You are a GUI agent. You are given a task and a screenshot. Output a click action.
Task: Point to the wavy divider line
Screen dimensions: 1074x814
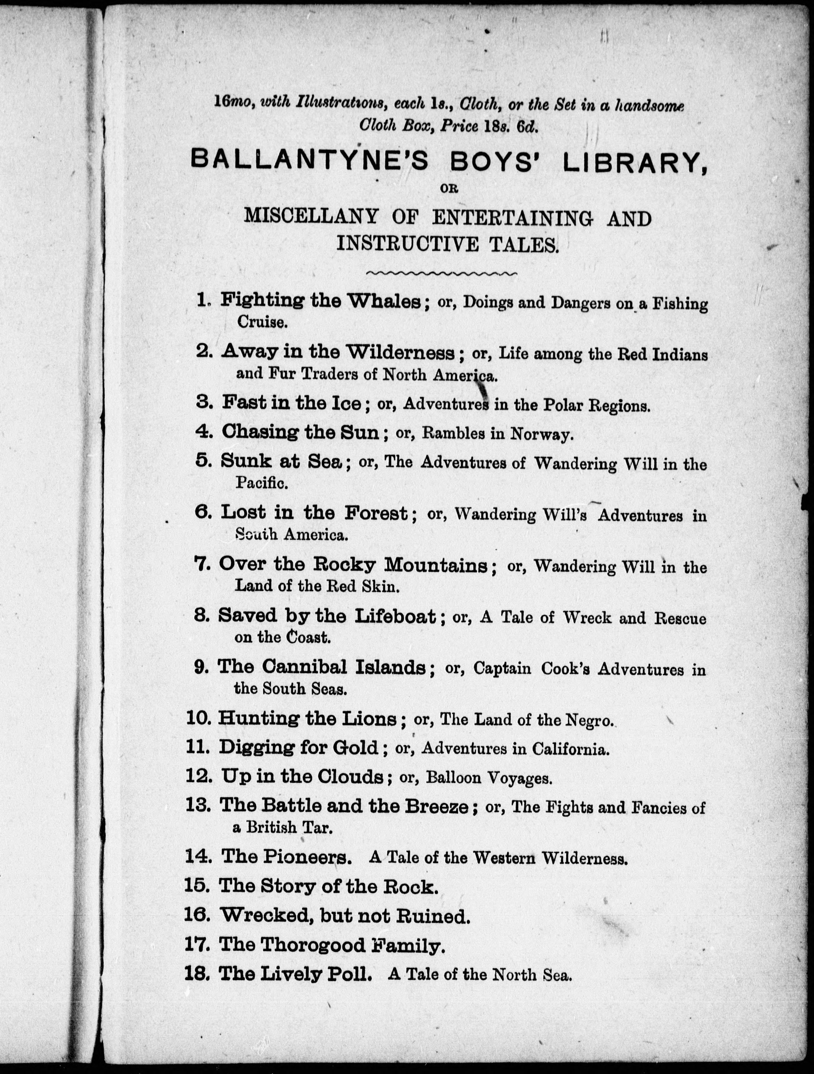(x=441, y=274)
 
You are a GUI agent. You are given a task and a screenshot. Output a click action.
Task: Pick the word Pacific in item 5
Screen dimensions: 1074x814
(x=261, y=482)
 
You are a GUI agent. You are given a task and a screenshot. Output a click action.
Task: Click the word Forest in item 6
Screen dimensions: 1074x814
(x=376, y=513)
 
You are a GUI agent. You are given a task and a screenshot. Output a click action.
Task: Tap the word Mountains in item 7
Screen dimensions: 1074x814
(x=436, y=565)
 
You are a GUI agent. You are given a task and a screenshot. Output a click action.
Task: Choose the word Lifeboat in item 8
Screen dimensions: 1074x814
(x=395, y=616)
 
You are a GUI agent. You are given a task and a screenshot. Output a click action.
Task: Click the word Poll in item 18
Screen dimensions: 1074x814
(x=352, y=974)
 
